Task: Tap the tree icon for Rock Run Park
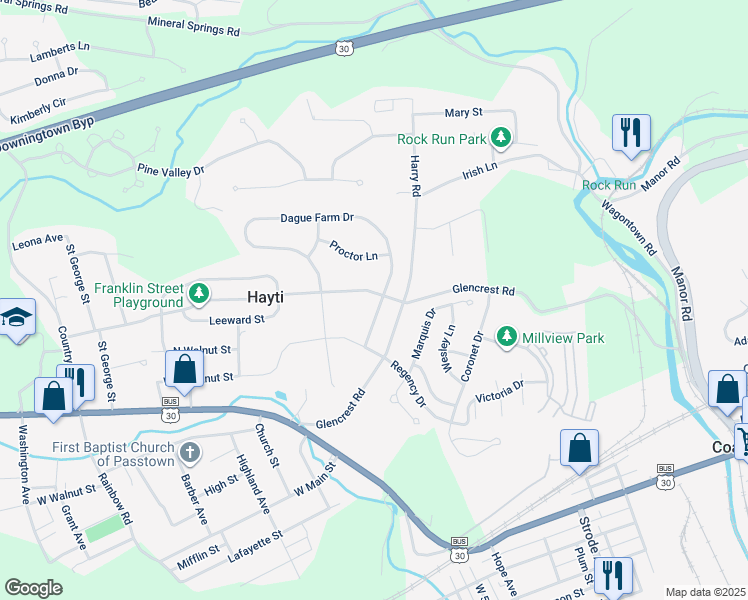tap(506, 138)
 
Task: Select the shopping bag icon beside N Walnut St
tap(184, 368)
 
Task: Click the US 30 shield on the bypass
tap(344, 48)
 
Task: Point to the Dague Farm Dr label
tap(317, 217)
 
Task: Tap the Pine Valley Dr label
tap(171, 171)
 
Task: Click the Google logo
tap(33, 588)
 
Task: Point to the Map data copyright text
tap(705, 592)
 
